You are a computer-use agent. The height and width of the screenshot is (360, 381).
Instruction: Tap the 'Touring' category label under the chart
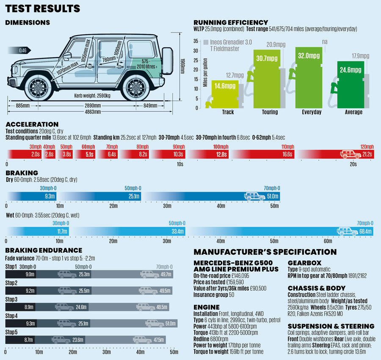click(270, 112)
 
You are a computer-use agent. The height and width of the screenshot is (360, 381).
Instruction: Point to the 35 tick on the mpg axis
click(196, 41)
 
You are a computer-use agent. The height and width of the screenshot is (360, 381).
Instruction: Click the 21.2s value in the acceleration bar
click(366, 154)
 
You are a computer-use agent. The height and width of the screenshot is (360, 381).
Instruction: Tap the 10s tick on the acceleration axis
click(179, 163)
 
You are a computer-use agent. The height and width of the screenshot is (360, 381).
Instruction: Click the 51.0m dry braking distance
click(273, 196)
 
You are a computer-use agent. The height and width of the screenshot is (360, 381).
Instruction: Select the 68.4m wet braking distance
click(365, 231)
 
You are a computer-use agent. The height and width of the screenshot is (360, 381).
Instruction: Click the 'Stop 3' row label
click(11, 300)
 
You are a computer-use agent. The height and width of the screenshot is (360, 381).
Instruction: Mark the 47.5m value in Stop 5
click(159, 340)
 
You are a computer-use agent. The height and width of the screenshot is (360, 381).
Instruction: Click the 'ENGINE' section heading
click(207, 307)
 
